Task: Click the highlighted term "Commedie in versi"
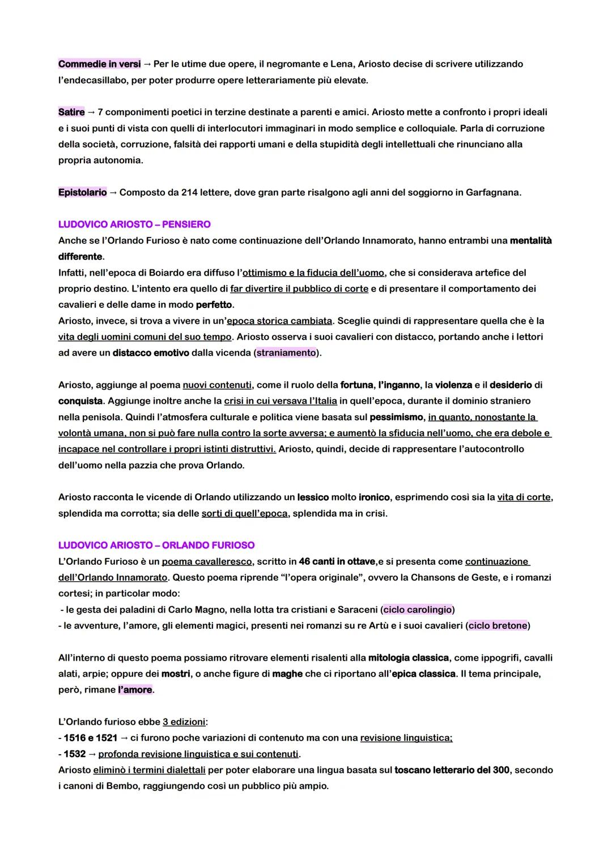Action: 99,64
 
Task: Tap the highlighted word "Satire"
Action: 71,112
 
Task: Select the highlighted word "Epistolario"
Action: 83,192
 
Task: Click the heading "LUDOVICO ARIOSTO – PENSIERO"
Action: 134,225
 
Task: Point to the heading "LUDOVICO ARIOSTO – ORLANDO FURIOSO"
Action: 156,545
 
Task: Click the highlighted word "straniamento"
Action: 286,353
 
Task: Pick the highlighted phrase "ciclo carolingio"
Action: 418,610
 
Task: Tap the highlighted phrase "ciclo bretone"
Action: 498,626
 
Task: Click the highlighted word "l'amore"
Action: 135,690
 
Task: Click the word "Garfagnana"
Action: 492,192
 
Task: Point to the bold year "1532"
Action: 75,754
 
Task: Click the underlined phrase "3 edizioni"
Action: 184,722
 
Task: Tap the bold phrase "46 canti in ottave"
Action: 337,561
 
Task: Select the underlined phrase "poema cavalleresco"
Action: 207,561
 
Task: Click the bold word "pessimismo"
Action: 396,417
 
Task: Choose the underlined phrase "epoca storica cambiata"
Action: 279,321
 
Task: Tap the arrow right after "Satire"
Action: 91,112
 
